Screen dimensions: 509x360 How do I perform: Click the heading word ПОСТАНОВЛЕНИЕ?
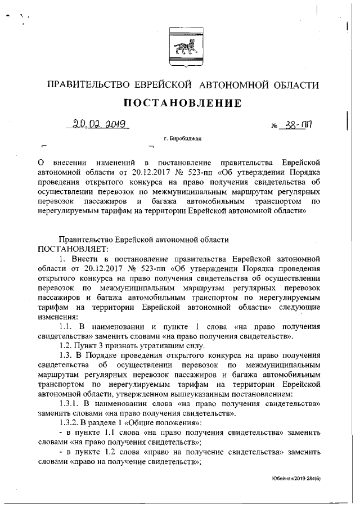(x=179, y=103)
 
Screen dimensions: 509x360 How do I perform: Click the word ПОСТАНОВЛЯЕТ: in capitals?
(x=75, y=248)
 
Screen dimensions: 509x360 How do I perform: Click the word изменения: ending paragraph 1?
(x=57, y=317)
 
